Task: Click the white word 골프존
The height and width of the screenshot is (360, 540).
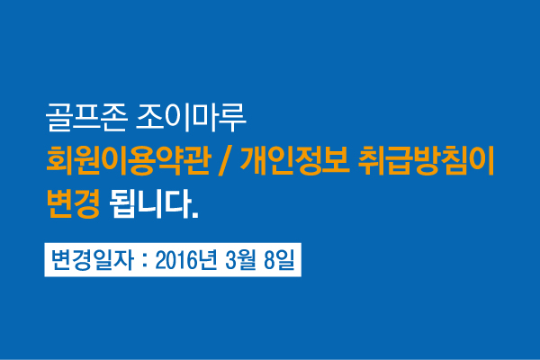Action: (86, 117)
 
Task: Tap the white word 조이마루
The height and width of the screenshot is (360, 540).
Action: (191, 117)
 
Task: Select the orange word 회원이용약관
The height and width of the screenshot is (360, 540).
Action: (129, 161)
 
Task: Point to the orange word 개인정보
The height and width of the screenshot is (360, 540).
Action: (295, 161)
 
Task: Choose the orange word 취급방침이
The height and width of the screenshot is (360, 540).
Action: (426, 161)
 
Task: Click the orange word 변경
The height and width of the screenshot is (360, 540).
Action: (74, 203)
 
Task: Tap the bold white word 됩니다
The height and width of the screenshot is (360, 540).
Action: (150, 203)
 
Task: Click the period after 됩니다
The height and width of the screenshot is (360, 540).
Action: (195, 215)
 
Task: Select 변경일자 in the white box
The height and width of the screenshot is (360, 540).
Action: (92, 260)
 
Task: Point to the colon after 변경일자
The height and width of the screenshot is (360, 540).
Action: (145, 261)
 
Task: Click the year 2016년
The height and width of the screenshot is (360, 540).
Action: (186, 260)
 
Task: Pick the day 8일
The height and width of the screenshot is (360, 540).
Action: (279, 260)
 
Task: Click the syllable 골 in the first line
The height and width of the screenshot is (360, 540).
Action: (58, 117)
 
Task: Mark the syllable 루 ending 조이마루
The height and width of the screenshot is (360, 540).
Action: (233, 118)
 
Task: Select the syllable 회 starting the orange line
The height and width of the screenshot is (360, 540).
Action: (60, 161)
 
